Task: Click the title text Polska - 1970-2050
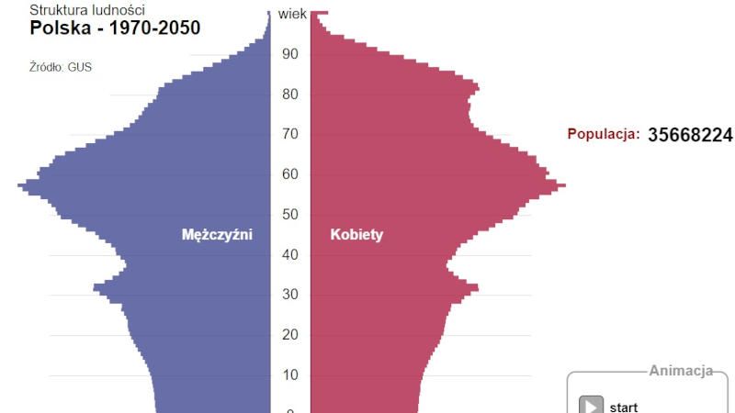[115, 28]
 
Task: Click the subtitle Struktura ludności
[87, 9]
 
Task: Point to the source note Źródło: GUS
[61, 67]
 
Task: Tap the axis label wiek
[292, 14]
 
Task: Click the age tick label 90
[290, 54]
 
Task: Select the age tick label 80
[290, 95]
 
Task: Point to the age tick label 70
[290, 135]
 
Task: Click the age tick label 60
[290, 174]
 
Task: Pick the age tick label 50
[290, 215]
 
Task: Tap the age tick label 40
[290, 255]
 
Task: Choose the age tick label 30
[290, 295]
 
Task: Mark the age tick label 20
[290, 335]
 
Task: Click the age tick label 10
[290, 375]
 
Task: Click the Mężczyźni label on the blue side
[217, 235]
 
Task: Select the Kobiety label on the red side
[356, 235]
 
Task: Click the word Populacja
[603, 135]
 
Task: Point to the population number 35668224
[690, 135]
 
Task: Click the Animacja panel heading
[681, 372]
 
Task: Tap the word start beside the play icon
[624, 407]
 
